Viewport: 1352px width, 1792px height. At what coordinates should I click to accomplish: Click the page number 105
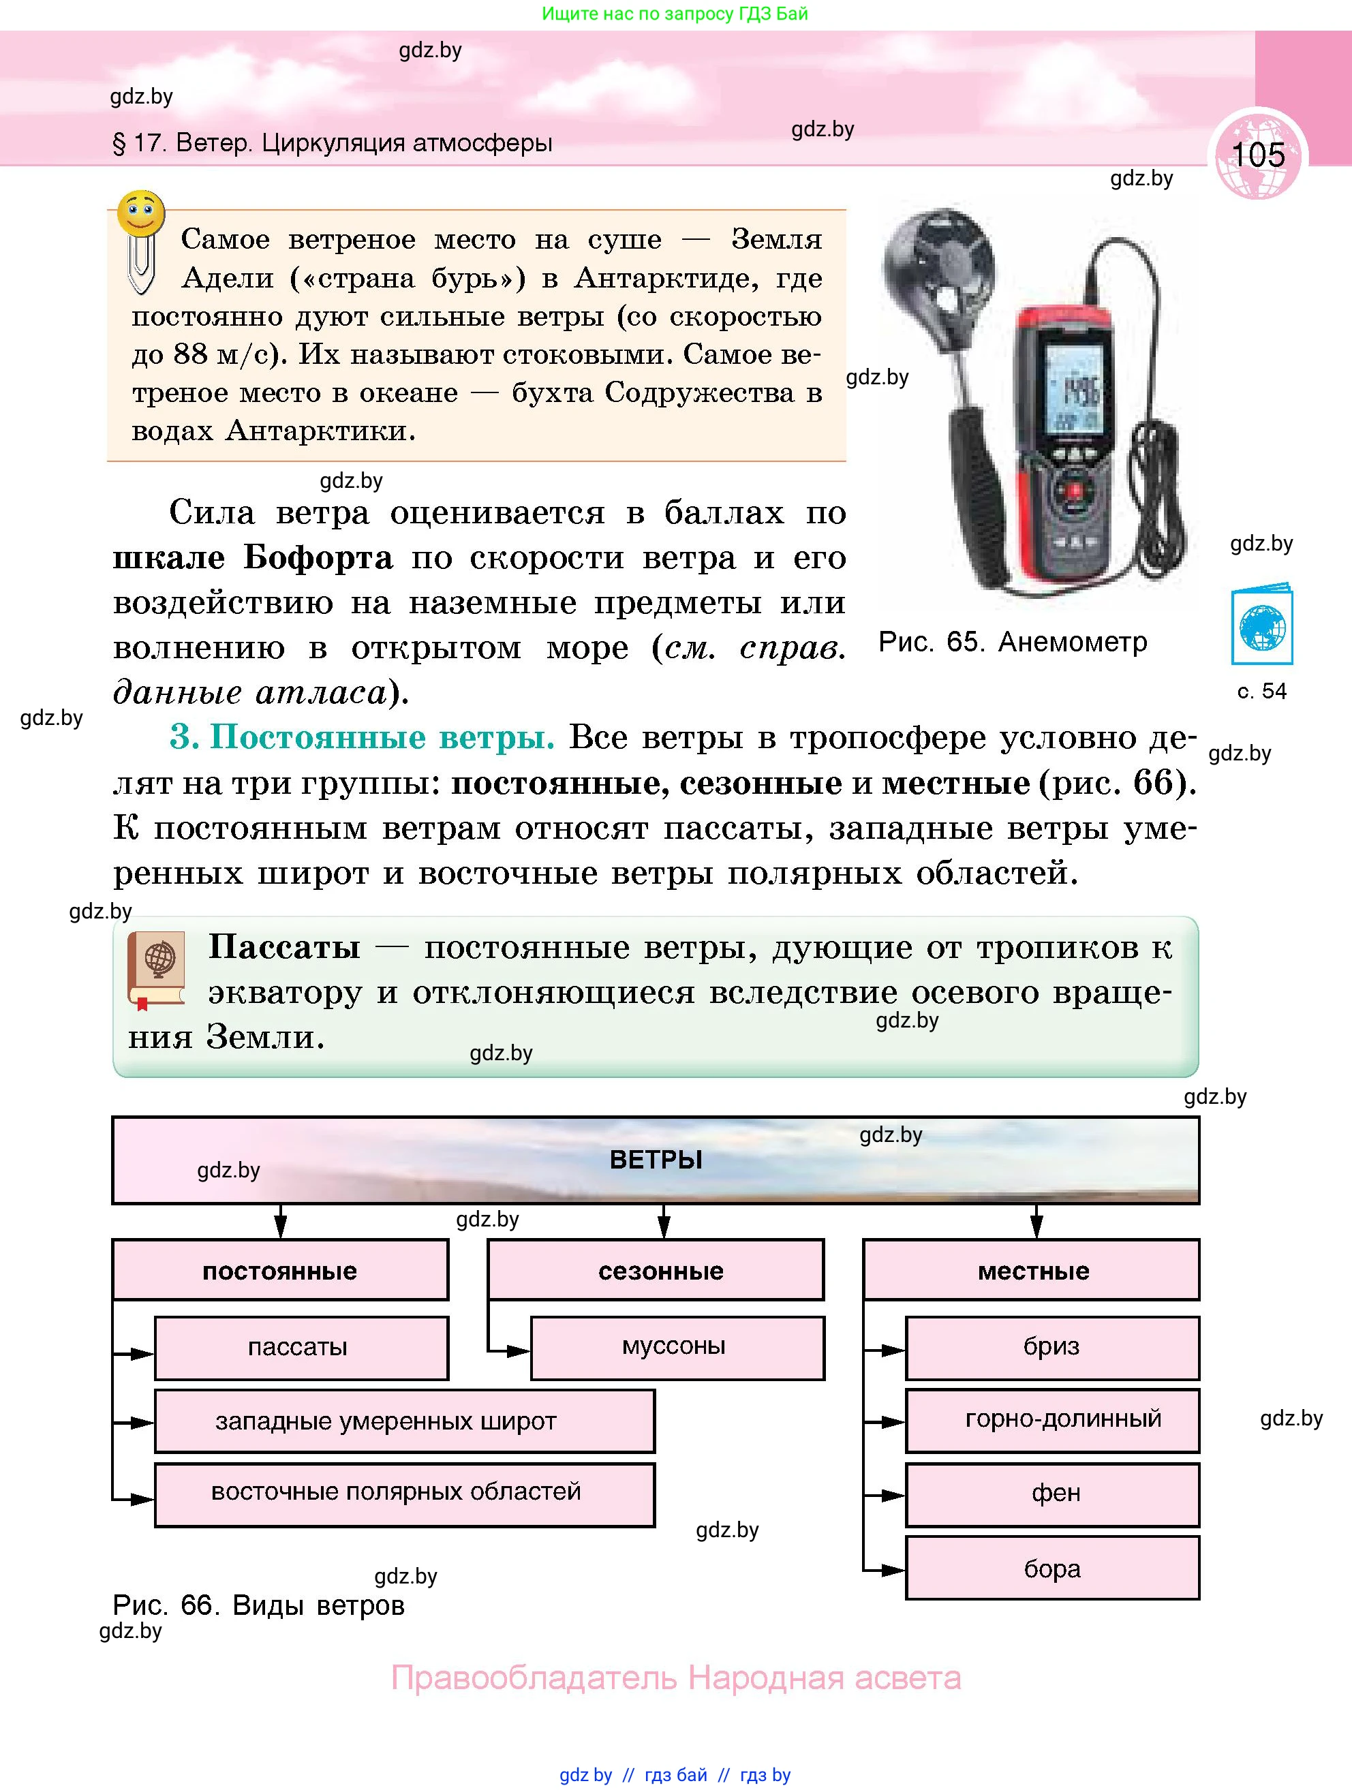click(x=1258, y=154)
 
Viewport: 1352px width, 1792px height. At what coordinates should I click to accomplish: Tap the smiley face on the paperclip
click(x=141, y=215)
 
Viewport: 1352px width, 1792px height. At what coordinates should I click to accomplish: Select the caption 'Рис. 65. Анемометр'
click(x=1013, y=643)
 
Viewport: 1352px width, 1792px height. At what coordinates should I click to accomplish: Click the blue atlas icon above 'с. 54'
click(x=1261, y=625)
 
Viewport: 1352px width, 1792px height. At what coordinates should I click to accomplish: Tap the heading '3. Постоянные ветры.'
click(x=362, y=737)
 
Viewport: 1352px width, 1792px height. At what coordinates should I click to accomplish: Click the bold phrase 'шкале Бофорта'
click(x=253, y=557)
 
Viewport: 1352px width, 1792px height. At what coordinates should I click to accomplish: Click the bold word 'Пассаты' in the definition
click(x=284, y=946)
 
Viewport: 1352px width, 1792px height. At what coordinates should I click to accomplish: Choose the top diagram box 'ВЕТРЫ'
click(x=656, y=1160)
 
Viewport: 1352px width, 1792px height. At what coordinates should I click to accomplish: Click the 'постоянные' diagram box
click(x=280, y=1270)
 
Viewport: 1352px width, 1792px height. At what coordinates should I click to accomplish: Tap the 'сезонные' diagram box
click(x=656, y=1270)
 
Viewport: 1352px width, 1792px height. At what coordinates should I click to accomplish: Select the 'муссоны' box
click(x=678, y=1347)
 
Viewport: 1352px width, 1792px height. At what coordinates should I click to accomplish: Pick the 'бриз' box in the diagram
click(x=1052, y=1347)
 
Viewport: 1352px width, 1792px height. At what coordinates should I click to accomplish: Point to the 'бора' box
click(x=1052, y=1568)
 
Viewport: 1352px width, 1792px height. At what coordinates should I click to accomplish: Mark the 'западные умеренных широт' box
click(x=405, y=1421)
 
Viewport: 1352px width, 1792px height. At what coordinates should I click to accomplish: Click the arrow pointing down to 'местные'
click(x=1036, y=1222)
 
